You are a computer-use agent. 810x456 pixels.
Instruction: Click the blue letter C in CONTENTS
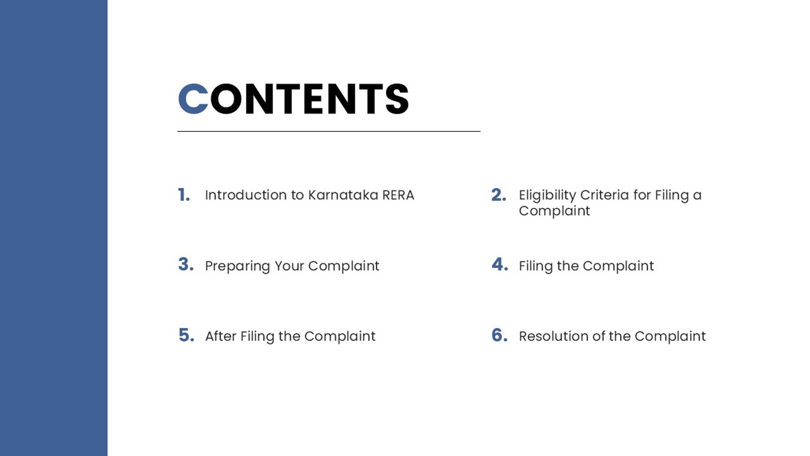tap(193, 99)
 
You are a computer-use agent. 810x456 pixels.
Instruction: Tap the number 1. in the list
tap(184, 195)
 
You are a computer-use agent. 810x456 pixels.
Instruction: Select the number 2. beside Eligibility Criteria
tap(499, 195)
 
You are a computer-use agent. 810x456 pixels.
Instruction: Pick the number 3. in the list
tap(186, 264)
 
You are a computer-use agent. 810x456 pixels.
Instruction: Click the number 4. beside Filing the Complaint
tap(500, 264)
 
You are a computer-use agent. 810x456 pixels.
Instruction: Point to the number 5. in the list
tap(186, 335)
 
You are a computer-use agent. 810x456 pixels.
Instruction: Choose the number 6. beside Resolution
tap(500, 335)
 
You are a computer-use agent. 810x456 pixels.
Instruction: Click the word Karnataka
tap(343, 195)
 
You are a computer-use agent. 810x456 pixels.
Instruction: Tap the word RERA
tap(398, 195)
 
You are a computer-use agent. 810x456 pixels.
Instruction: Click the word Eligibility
tap(547, 195)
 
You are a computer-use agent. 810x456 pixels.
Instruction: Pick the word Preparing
tap(238, 266)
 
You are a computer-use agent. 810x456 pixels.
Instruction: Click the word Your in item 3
tap(289, 266)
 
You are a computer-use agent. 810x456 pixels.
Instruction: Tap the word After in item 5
tap(221, 336)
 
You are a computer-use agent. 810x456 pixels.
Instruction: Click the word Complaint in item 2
tap(554, 211)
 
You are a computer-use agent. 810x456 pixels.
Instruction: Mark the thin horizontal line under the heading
tap(329, 131)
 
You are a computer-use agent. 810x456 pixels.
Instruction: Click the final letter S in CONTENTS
tap(397, 99)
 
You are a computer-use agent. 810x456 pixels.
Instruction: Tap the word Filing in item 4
tap(536, 266)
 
